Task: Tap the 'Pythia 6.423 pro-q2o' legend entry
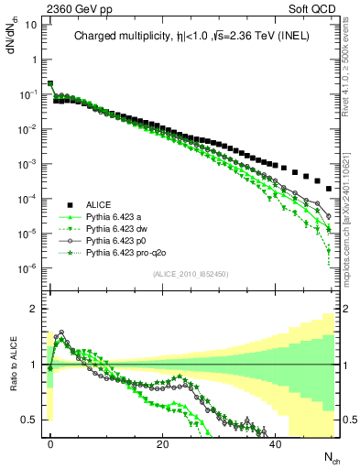pyautogui.click(x=128, y=253)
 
